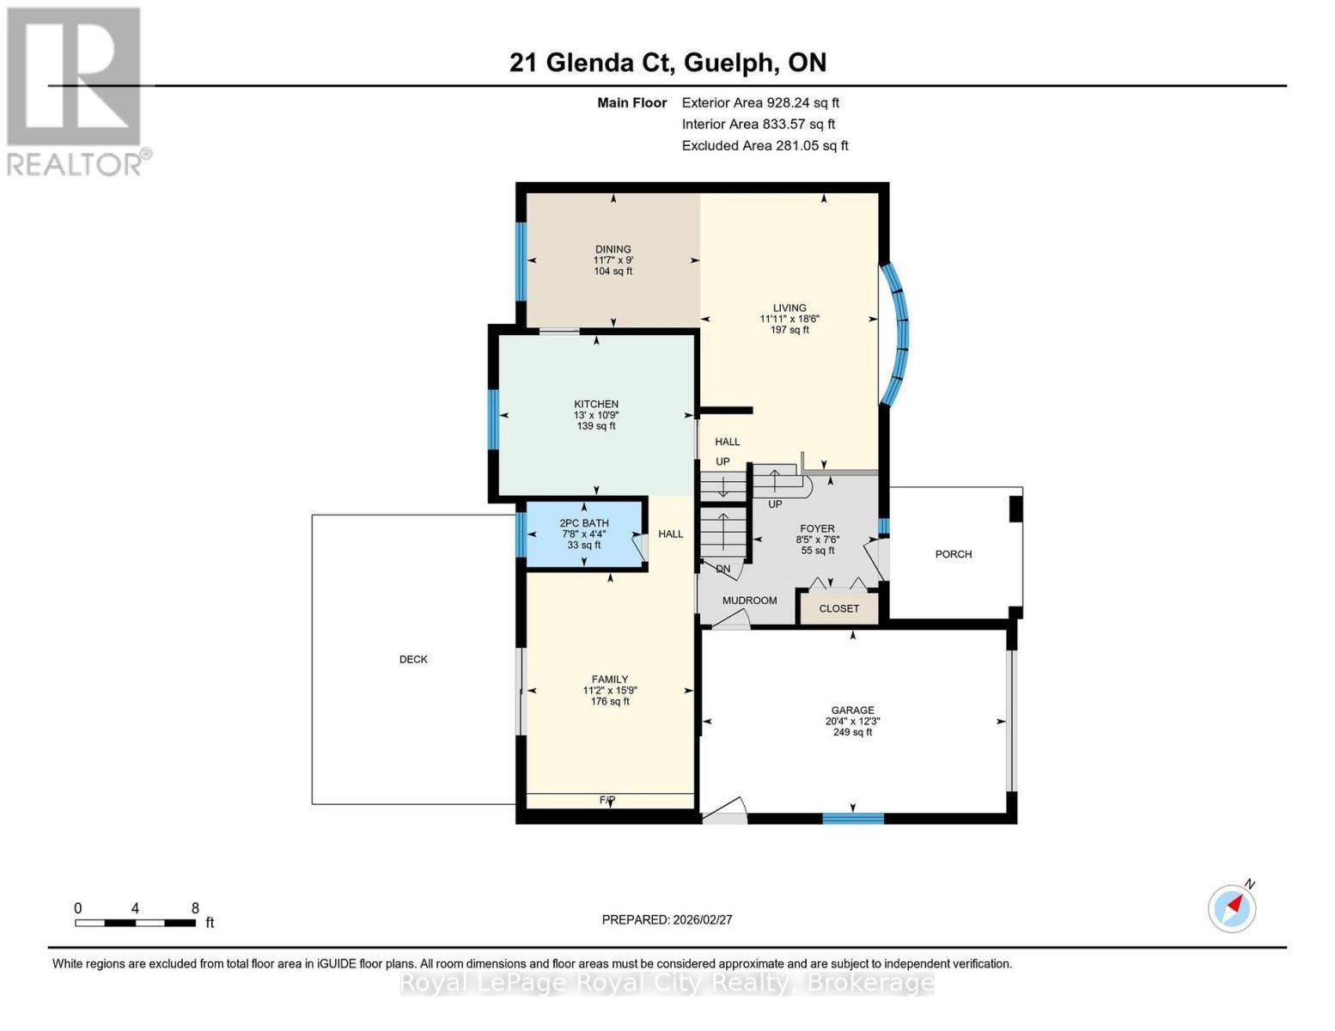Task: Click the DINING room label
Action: pos(613,249)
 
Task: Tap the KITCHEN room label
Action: pos(596,404)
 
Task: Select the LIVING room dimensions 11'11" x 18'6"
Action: pos(789,319)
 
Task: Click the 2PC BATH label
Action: pos(584,523)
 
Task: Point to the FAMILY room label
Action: pos(610,679)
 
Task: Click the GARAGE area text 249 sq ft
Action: pos(852,733)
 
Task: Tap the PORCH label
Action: pos(954,554)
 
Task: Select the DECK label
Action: pos(413,660)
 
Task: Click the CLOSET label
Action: pos(839,608)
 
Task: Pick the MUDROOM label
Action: pos(749,601)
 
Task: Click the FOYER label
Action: pos(817,529)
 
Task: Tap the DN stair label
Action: pos(723,569)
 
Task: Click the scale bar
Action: pos(135,923)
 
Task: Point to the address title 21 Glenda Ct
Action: pos(667,63)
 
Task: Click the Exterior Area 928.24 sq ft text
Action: pos(760,102)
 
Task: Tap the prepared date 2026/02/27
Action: pos(667,919)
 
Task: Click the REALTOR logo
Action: pos(76,90)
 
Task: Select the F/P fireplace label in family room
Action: pos(607,800)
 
